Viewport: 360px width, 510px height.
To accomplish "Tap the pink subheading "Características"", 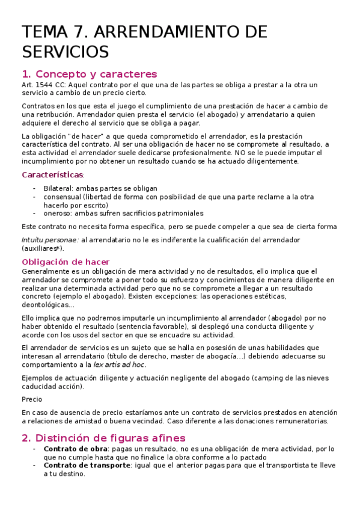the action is click(52, 175).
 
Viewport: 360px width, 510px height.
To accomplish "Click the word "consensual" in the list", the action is click(62, 197).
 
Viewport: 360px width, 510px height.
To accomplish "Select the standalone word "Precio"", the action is click(32, 399).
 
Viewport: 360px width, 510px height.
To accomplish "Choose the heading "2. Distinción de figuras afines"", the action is click(103, 438).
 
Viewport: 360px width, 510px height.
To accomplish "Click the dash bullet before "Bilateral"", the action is click(35, 188).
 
